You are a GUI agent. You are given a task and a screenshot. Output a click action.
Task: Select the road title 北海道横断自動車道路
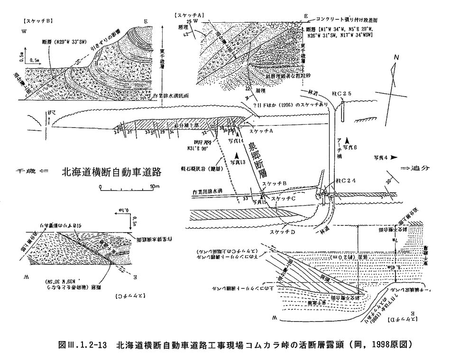coord(112,172)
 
